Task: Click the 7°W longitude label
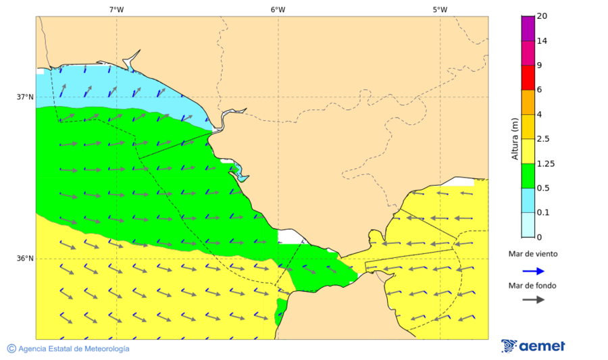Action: click(x=116, y=9)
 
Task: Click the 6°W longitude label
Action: click(x=278, y=9)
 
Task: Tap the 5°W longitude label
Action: click(x=440, y=9)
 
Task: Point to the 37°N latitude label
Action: click(x=25, y=97)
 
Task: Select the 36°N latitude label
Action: click(x=25, y=259)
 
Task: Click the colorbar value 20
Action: click(x=542, y=16)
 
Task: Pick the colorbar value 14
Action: click(x=542, y=41)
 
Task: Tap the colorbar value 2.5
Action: click(x=543, y=139)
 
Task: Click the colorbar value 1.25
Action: click(x=545, y=163)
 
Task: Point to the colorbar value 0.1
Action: click(x=543, y=213)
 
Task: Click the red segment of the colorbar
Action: click(x=528, y=78)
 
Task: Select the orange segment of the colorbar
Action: click(x=528, y=102)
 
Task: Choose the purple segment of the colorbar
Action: click(x=528, y=28)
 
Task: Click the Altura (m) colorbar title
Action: click(x=515, y=139)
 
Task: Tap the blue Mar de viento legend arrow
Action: click(x=534, y=272)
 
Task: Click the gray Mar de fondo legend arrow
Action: click(x=534, y=299)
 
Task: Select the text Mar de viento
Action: click(x=533, y=254)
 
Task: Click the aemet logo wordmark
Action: click(x=542, y=346)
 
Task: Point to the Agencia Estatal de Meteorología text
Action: click(x=74, y=349)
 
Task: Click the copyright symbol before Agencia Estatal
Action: click(x=11, y=349)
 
